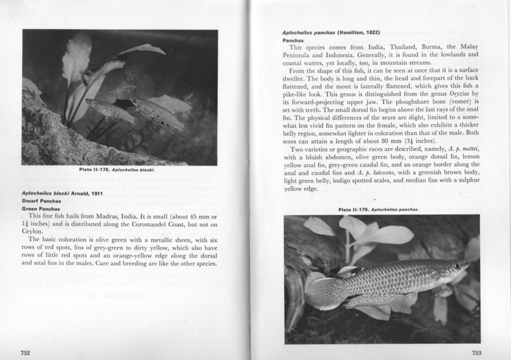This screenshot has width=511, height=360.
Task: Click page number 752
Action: [x=25, y=352]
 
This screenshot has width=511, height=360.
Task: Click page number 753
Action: [x=477, y=352]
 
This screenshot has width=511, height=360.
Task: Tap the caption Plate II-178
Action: [x=119, y=170]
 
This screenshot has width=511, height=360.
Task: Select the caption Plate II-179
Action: [x=379, y=209]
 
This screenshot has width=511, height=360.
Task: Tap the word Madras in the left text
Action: [x=105, y=216]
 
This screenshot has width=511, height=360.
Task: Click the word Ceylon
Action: [x=33, y=231]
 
